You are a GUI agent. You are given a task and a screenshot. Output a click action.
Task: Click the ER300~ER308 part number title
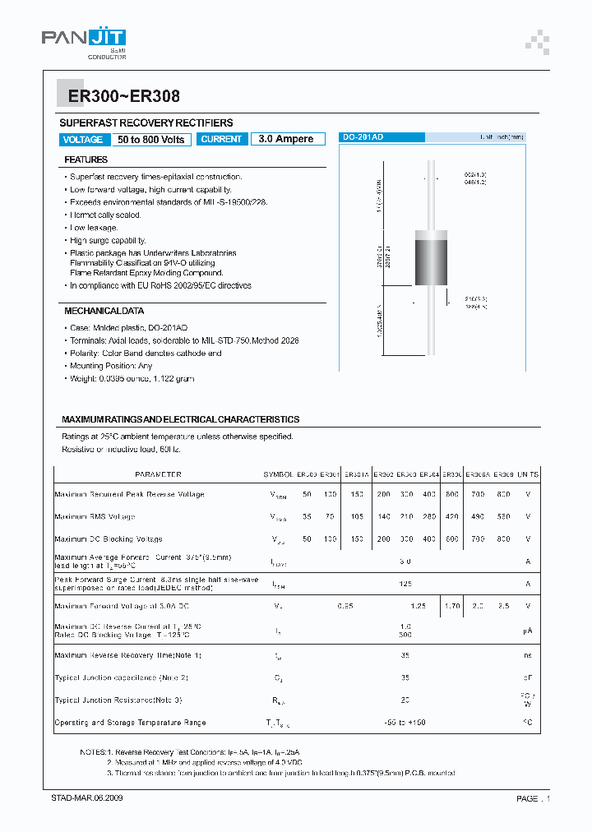[x=118, y=96]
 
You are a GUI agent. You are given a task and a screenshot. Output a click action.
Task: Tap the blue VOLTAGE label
[x=83, y=140]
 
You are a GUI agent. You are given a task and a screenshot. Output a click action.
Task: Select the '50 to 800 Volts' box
[x=151, y=140]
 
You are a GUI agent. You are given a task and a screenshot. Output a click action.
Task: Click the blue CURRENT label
[x=221, y=140]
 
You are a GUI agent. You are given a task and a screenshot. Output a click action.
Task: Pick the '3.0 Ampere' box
[x=286, y=140]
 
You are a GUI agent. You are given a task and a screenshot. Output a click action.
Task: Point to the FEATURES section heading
[x=86, y=159]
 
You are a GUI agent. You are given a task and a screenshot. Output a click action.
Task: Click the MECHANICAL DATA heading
[x=104, y=312]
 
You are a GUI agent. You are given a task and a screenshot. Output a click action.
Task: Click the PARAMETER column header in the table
[x=158, y=474]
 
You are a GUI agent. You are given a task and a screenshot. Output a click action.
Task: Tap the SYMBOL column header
[x=278, y=474]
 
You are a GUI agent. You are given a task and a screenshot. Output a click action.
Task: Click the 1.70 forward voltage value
[x=452, y=606]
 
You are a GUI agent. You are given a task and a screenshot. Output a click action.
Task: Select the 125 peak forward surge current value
[x=405, y=583]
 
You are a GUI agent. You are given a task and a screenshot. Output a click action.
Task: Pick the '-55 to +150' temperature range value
[x=405, y=723]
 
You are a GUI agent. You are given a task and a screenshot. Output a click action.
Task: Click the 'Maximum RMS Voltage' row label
[x=95, y=517]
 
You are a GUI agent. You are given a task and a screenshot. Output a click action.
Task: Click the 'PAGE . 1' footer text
[x=533, y=798]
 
